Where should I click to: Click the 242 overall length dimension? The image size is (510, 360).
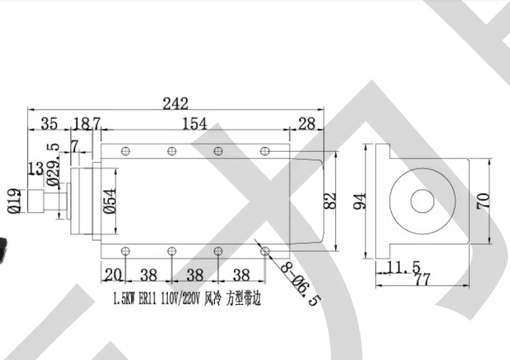tap(175, 103)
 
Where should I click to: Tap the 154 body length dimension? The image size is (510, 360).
tap(193, 124)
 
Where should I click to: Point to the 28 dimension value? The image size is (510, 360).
tap(306, 124)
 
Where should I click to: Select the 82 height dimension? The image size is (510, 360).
tap(330, 200)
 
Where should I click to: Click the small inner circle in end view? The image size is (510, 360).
tap(422, 200)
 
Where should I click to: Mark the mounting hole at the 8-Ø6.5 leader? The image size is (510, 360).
tap(265, 251)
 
